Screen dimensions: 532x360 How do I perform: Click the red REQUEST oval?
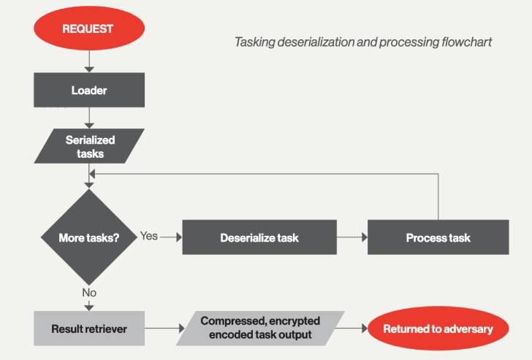(x=89, y=28)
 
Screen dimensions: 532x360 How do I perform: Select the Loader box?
(x=89, y=90)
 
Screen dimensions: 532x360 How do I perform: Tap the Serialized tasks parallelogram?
(x=89, y=146)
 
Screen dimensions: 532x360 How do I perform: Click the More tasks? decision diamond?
(x=89, y=237)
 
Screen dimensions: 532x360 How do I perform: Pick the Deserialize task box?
(x=259, y=237)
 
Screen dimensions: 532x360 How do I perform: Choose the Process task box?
(x=438, y=237)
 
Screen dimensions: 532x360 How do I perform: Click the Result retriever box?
(x=89, y=329)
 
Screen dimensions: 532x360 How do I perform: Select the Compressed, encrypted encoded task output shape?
(x=260, y=328)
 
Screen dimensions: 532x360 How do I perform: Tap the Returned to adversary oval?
(x=438, y=328)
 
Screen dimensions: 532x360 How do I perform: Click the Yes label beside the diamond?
(x=149, y=236)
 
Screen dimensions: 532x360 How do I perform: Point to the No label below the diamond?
(x=89, y=293)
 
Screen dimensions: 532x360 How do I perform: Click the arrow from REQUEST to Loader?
(x=89, y=61)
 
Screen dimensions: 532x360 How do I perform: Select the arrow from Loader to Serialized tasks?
(x=89, y=118)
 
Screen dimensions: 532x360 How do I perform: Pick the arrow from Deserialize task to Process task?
(x=352, y=237)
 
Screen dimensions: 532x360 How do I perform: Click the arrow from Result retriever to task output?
(x=164, y=328)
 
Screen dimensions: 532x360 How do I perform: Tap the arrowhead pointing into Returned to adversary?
(x=365, y=328)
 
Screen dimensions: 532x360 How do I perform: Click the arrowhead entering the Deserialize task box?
(x=180, y=237)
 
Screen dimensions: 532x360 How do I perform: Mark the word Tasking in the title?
(x=255, y=42)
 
